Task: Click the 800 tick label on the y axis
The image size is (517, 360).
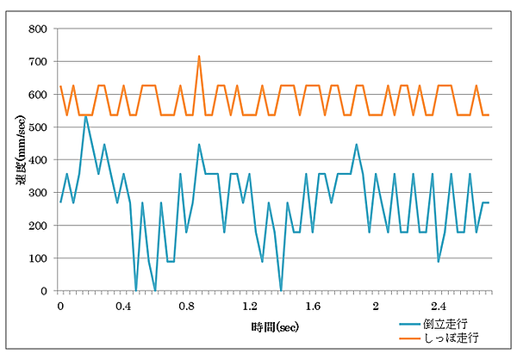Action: click(x=37, y=29)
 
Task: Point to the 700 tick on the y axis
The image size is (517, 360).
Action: click(x=37, y=62)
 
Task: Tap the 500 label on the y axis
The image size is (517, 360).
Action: click(x=37, y=127)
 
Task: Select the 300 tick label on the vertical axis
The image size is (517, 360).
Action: click(x=37, y=193)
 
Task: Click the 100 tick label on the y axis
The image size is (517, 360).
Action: click(x=37, y=258)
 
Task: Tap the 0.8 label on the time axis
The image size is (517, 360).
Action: click(x=186, y=306)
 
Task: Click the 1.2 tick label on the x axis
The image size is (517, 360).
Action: click(x=249, y=306)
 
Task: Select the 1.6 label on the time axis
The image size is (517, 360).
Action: click(x=312, y=306)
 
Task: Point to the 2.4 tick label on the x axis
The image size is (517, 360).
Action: click(x=438, y=306)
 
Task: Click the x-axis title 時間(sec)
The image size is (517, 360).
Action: click(x=276, y=326)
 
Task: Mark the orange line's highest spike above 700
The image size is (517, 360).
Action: click(x=199, y=57)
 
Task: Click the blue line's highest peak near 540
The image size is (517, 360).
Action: click(x=85, y=115)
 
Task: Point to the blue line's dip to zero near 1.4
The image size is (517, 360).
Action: click(x=281, y=289)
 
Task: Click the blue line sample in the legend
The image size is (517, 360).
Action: click(x=410, y=326)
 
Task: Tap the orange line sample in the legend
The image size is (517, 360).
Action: click(x=410, y=339)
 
